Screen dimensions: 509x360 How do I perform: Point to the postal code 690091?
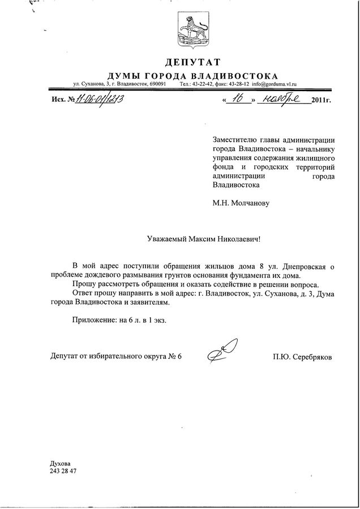point(155,84)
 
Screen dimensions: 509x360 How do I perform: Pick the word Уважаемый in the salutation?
point(166,239)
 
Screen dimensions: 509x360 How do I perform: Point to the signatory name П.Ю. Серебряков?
point(302,357)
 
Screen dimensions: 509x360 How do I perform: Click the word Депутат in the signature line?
point(65,357)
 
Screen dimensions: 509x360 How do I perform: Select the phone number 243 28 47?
point(63,470)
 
